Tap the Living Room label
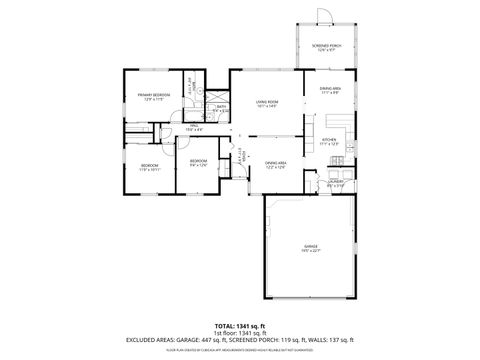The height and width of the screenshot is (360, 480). click(x=266, y=103)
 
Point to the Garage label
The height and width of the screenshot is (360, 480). click(x=311, y=247)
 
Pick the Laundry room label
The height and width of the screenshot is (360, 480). click(x=336, y=182)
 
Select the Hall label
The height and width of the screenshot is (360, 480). click(x=193, y=127)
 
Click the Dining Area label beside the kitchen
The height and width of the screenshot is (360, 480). click(x=330, y=91)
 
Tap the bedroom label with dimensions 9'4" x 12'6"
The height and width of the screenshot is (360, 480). click(x=198, y=162)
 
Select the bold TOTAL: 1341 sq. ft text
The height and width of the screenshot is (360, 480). click(x=239, y=326)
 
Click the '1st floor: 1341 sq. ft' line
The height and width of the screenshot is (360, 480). click(x=239, y=333)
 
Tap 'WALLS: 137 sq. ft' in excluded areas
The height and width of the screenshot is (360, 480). click(x=340, y=341)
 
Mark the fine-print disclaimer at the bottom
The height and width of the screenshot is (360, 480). click(x=239, y=350)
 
